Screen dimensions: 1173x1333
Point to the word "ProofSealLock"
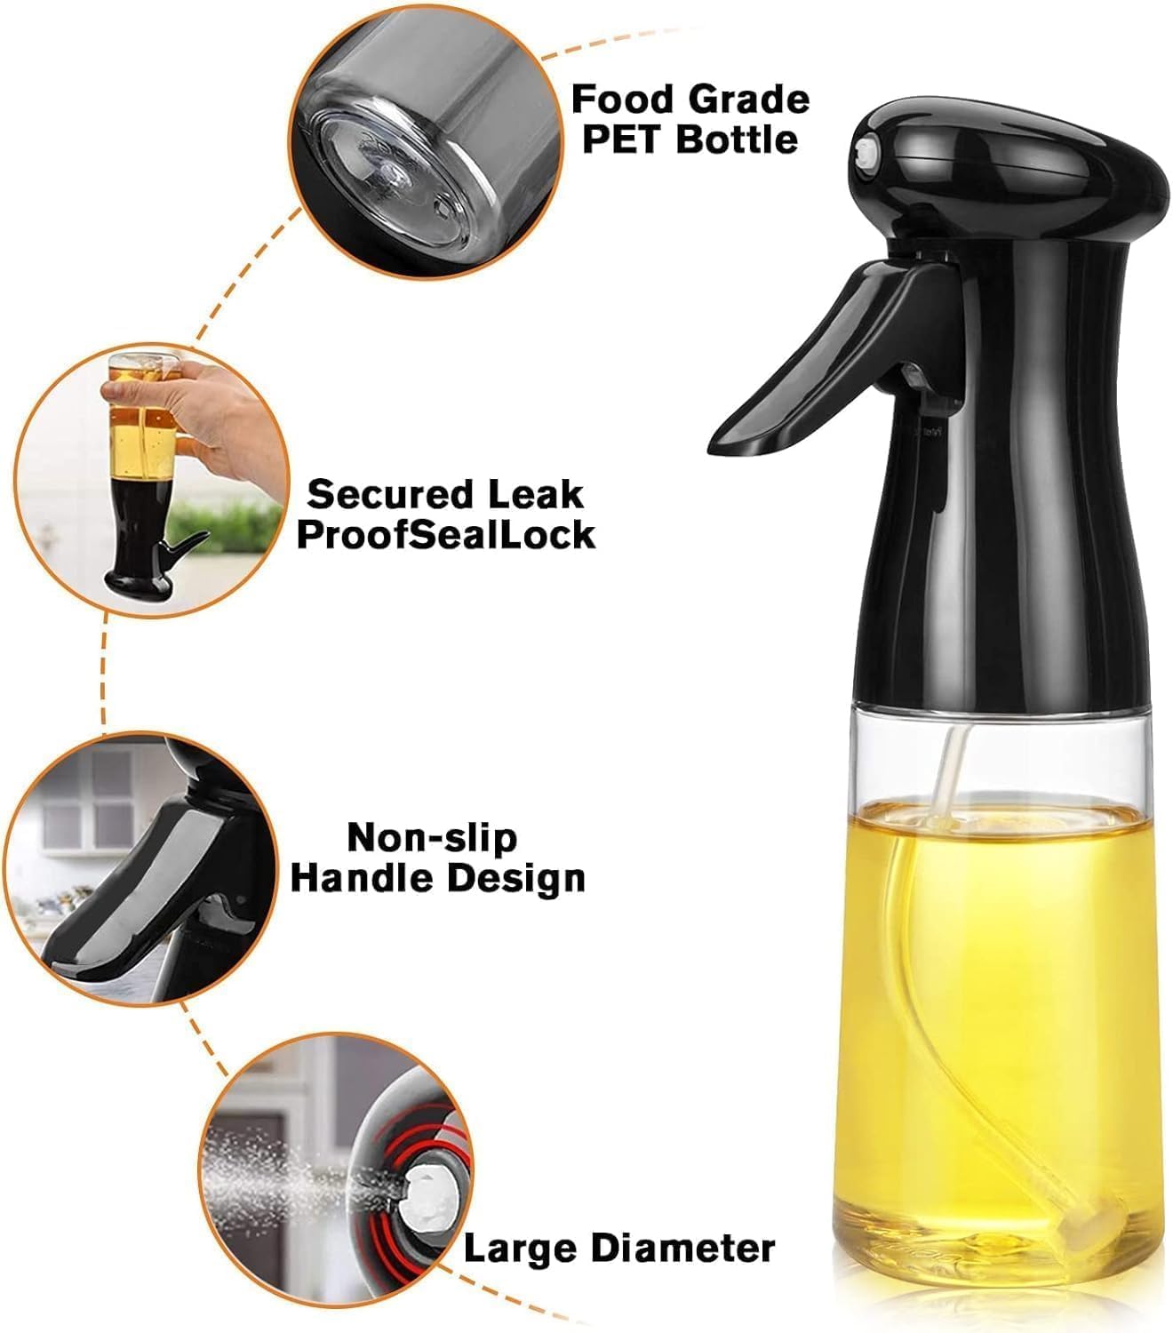(x=446, y=535)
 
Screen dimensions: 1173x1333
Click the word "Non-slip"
(x=432, y=839)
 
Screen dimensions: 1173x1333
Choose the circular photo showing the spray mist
(x=336, y=1170)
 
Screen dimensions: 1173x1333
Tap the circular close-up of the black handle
(x=141, y=868)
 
